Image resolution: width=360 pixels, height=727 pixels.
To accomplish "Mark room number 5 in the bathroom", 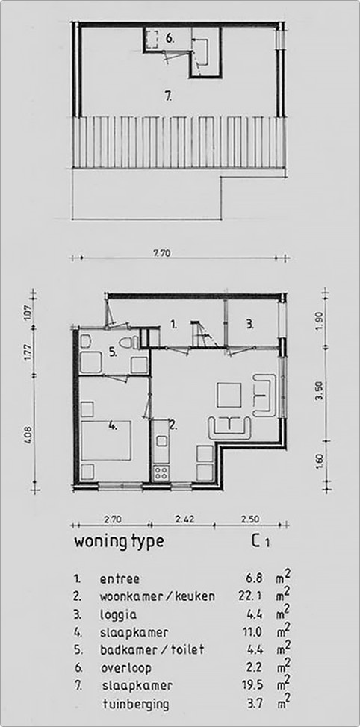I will coord(112,352).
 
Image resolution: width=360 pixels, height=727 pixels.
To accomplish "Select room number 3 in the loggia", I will coord(250,324).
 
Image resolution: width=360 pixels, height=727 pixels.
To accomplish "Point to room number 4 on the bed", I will coord(112,427).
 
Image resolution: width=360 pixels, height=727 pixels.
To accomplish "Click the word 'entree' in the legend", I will coord(120,578).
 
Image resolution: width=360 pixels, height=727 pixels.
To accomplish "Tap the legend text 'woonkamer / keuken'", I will coord(157,596).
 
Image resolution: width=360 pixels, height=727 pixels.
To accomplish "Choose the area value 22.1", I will coord(254,596).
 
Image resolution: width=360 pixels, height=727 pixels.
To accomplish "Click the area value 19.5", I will coord(254,685).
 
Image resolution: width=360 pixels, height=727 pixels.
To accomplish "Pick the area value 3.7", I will coord(256,703).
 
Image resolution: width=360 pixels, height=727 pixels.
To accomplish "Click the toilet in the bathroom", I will coord(132,343).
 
